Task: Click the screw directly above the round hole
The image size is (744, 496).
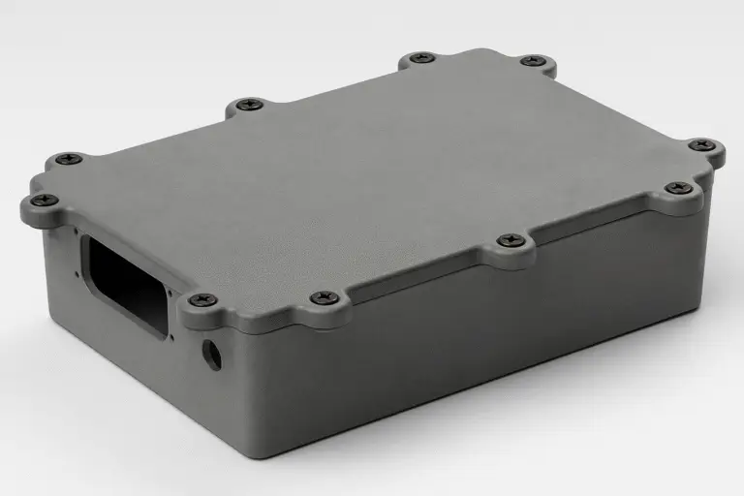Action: tap(202, 300)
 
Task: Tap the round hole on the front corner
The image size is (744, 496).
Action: tap(213, 356)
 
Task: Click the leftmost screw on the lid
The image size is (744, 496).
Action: tap(45, 201)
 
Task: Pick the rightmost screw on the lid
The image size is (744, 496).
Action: tap(702, 145)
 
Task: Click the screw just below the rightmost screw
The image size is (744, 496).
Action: tap(680, 187)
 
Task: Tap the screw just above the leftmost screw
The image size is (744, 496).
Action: tap(68, 158)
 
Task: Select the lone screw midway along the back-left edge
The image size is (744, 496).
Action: tap(249, 104)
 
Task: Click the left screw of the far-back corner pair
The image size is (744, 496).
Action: tap(421, 58)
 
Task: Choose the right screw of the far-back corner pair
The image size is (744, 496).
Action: tap(532, 61)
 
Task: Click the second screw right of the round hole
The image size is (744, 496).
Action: tap(511, 239)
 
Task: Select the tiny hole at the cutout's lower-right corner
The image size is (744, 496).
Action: tap(172, 338)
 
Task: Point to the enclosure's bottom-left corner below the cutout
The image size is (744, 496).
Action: tap(48, 319)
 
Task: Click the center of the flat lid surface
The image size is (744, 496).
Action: tap(378, 174)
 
